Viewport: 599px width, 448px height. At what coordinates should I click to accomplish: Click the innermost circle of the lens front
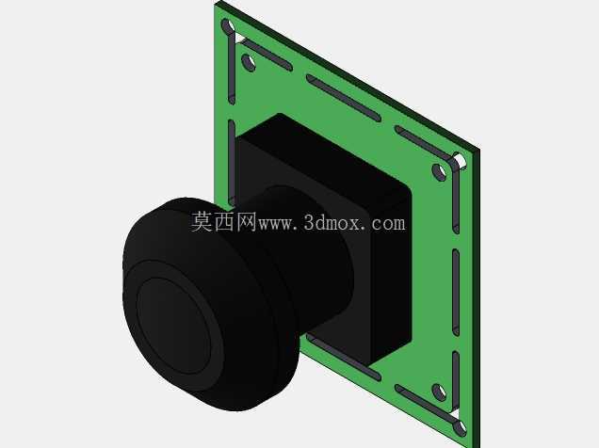[173, 327]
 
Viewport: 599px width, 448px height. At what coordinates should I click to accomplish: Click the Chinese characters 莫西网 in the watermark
[224, 222]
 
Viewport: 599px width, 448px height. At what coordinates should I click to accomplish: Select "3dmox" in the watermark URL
[332, 223]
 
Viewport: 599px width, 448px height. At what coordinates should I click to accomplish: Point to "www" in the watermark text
[274, 224]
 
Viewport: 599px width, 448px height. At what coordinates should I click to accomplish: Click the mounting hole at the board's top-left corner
[229, 26]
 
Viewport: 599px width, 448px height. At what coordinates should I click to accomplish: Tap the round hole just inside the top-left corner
[249, 62]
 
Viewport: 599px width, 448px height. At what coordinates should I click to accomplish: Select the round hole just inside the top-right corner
[439, 172]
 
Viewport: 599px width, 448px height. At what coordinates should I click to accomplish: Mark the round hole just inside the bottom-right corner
[439, 392]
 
